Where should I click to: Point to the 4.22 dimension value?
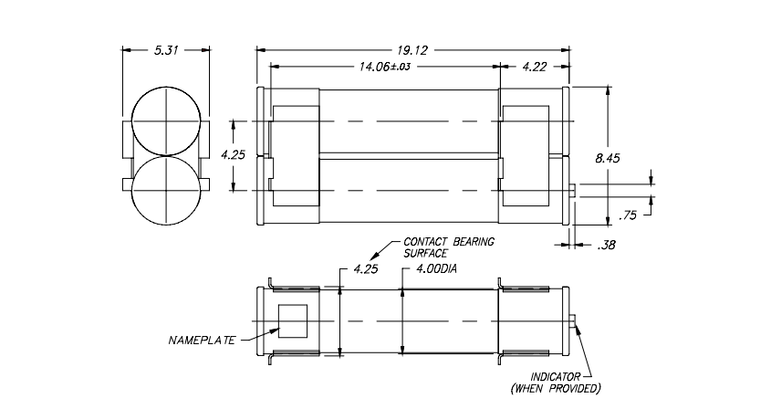click(535, 67)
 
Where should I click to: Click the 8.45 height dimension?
click(608, 158)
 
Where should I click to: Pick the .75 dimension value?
click(628, 215)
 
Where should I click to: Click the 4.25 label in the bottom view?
click(365, 271)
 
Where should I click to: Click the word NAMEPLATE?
click(202, 341)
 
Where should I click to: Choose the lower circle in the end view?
click(165, 189)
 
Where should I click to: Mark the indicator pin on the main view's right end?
click(571, 189)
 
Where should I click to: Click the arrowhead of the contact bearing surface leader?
click(370, 258)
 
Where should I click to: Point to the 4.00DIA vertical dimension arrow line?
click(402, 320)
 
